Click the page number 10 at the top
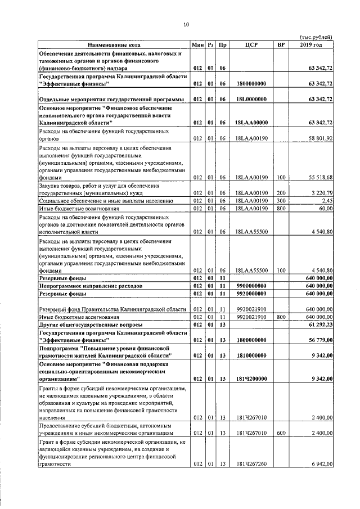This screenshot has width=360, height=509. point(186,24)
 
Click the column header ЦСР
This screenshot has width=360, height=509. point(251,44)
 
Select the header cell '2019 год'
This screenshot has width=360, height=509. point(310,44)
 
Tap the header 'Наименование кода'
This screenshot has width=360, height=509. point(114,44)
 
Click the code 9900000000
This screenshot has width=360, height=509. point(251,286)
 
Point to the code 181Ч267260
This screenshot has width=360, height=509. point(251,464)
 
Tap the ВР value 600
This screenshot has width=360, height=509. point(281,434)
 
